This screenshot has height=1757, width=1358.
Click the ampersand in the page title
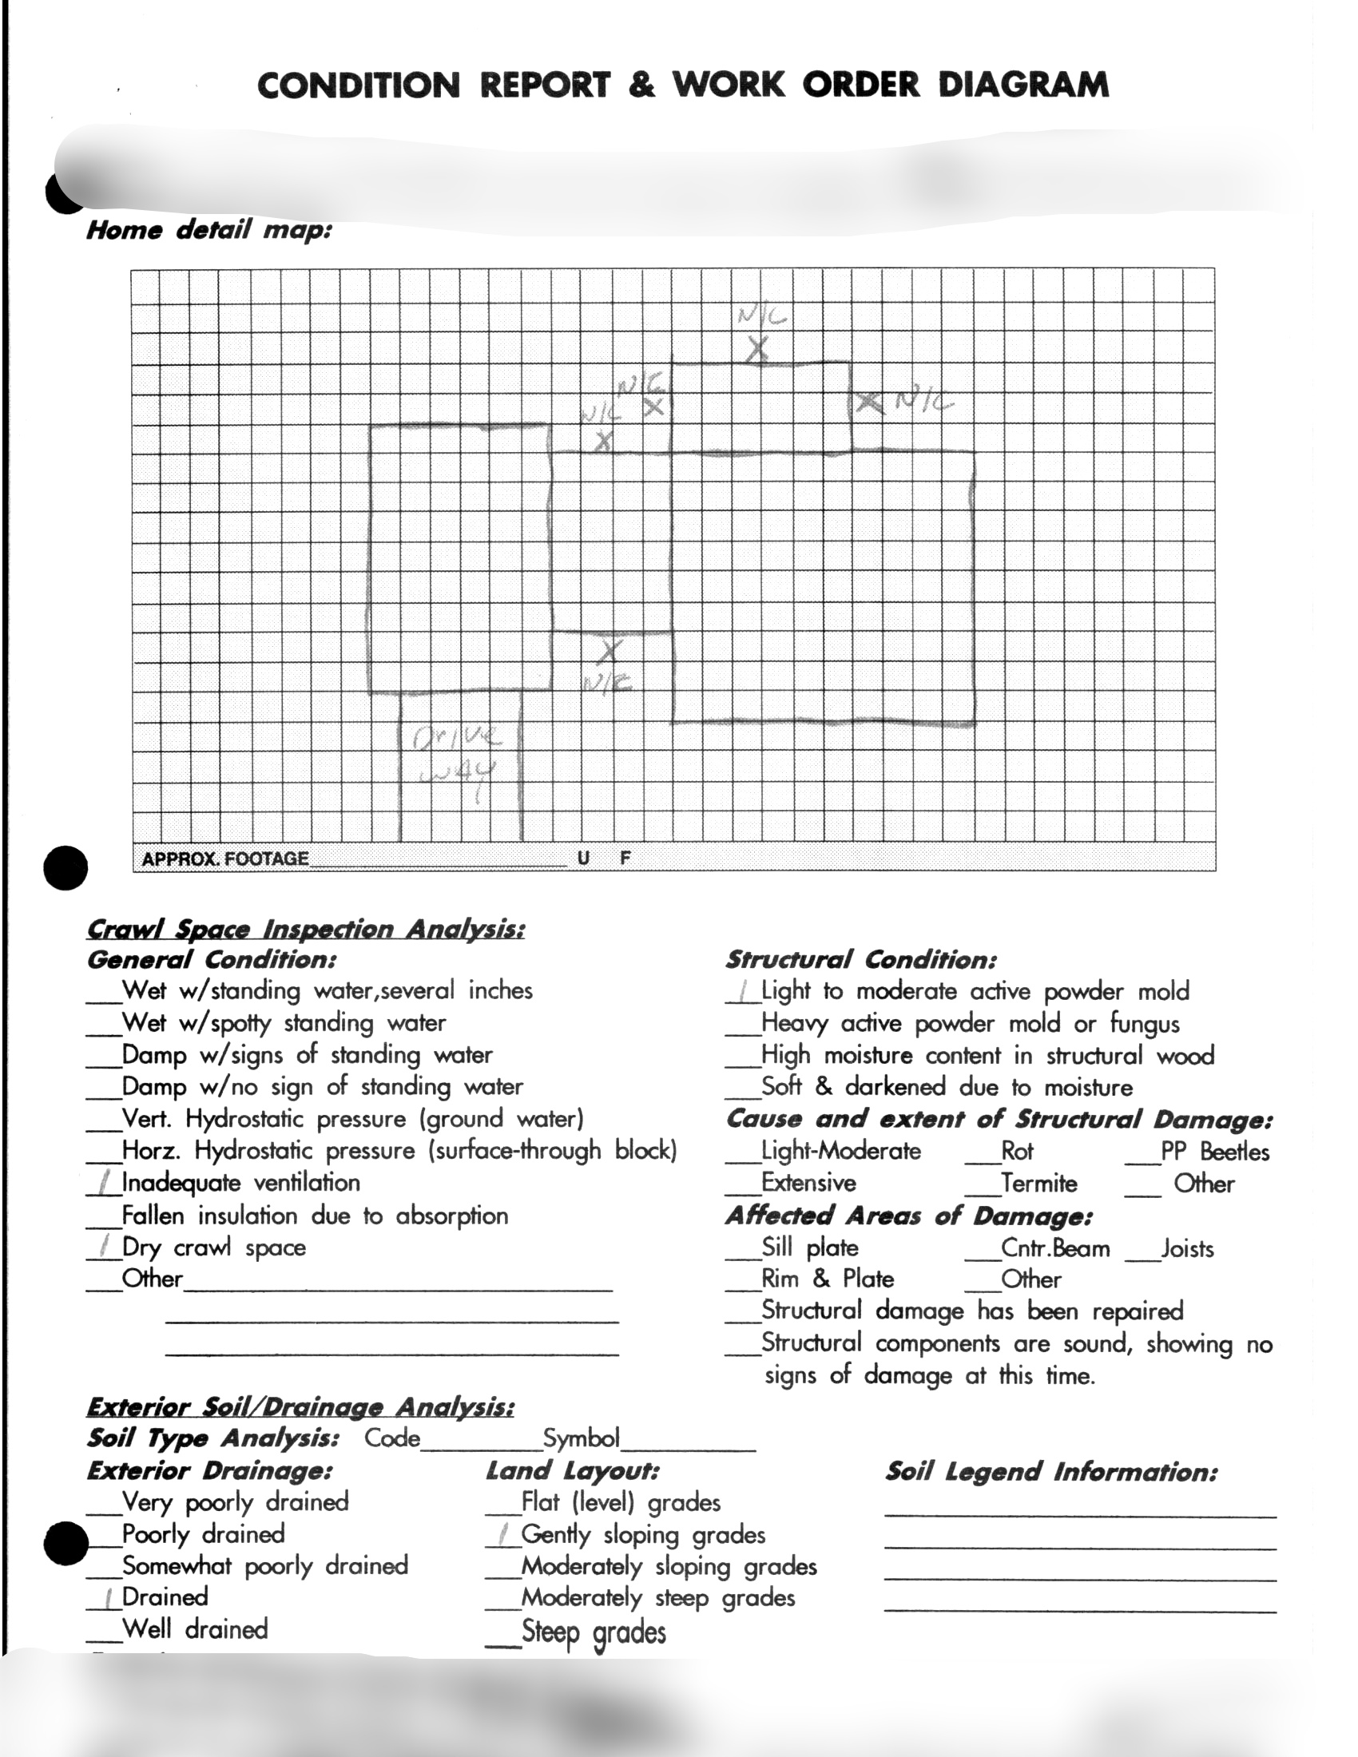point(642,85)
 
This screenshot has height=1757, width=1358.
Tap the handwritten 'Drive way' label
point(455,755)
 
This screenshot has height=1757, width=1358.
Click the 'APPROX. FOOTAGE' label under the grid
point(224,859)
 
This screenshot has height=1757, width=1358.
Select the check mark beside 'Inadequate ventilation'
point(104,1183)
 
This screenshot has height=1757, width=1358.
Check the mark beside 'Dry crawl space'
point(104,1247)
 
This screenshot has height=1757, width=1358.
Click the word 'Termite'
point(1038,1184)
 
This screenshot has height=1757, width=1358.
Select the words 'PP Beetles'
point(1215,1152)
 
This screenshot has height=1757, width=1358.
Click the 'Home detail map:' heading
point(209,230)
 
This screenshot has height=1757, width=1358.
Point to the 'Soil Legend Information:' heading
point(1051,1472)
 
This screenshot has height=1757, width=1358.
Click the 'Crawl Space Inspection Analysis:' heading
point(306,929)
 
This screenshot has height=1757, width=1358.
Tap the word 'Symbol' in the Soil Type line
point(581,1438)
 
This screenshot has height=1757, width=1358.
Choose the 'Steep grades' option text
point(594,1632)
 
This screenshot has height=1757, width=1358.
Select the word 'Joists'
point(1186,1248)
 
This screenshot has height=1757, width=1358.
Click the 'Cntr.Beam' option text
point(1054,1248)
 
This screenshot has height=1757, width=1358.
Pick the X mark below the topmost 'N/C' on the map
point(757,350)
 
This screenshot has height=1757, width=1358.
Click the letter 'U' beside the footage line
point(583,859)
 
